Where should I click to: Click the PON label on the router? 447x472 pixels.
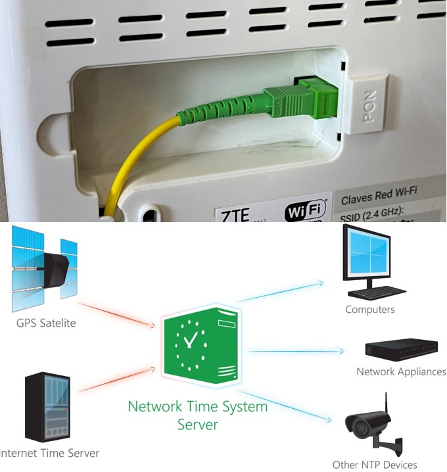pyautogui.click(x=368, y=105)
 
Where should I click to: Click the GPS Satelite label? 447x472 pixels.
pyautogui.click(x=46, y=323)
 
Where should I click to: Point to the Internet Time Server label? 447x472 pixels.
pyautogui.click(x=50, y=453)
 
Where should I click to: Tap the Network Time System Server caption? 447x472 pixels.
pyautogui.click(x=198, y=415)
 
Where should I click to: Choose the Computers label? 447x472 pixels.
pyautogui.click(x=370, y=309)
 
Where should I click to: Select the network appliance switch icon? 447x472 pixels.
pyautogui.click(x=402, y=350)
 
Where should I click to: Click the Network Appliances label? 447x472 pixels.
pyautogui.click(x=401, y=371)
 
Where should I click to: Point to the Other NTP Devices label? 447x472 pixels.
pyautogui.click(x=375, y=465)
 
